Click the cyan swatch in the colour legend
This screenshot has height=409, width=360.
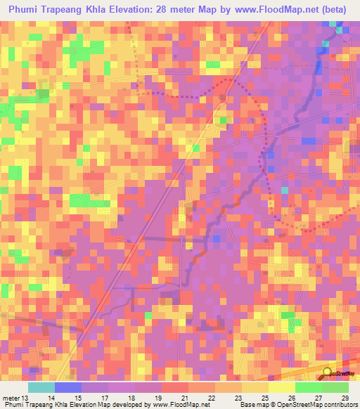(x=41, y=387)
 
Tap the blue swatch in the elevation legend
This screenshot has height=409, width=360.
(x=68, y=387)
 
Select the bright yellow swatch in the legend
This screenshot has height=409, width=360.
(x=281, y=387)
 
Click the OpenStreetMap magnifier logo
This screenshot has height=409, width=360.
(x=328, y=372)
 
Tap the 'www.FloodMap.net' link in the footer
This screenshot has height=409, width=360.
(x=181, y=405)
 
